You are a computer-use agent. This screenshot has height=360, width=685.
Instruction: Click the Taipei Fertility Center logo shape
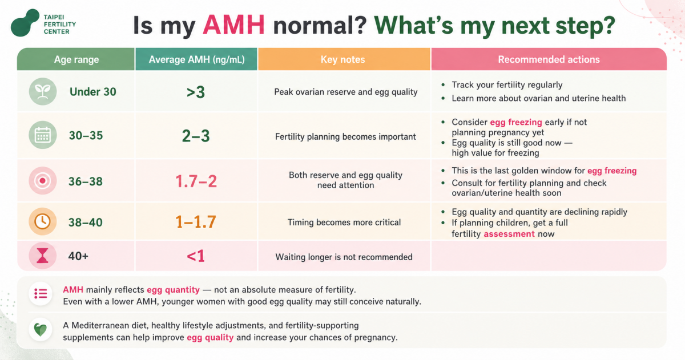tap(25, 23)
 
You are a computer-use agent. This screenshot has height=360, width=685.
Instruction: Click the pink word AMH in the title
tap(233, 25)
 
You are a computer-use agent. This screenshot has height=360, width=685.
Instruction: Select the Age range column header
tap(76, 59)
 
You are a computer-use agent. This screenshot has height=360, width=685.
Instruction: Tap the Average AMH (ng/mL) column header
tap(196, 59)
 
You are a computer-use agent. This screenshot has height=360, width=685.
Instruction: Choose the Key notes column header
tap(343, 59)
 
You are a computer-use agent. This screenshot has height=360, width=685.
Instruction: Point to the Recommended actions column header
tap(549, 59)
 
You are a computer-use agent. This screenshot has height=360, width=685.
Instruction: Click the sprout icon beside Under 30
tap(43, 91)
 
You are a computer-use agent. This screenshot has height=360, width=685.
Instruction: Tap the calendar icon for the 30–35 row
tap(43, 135)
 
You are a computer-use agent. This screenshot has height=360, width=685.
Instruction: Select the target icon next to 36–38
tap(43, 181)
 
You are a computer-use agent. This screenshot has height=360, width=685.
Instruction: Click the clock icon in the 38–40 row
tap(43, 221)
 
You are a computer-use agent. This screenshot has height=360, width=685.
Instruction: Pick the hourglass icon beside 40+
tap(42, 256)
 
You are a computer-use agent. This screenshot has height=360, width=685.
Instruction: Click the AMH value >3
tap(196, 92)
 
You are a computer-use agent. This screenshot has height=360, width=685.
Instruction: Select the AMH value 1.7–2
tap(196, 181)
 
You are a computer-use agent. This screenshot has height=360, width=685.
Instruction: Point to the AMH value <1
tap(196, 256)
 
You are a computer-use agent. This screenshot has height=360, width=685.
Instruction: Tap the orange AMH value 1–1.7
tap(196, 222)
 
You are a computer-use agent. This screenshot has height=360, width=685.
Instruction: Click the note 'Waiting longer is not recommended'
tap(344, 257)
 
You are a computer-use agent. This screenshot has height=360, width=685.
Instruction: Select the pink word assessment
tap(509, 234)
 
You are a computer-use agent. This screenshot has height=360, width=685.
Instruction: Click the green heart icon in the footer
tap(41, 330)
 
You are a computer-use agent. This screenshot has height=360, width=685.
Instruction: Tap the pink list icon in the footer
tap(41, 294)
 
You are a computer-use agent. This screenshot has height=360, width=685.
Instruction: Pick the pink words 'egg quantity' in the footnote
tap(173, 290)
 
